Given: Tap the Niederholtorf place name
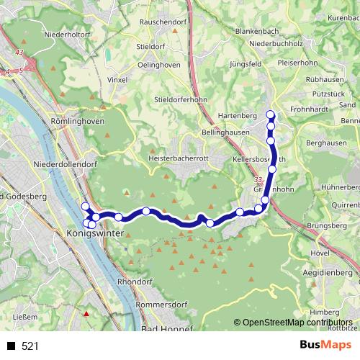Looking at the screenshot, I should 66,32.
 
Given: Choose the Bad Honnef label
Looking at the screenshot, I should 167,329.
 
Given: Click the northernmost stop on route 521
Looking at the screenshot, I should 271,114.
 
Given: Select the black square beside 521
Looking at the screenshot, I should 11,346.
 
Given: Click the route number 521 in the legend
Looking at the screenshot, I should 30,346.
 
